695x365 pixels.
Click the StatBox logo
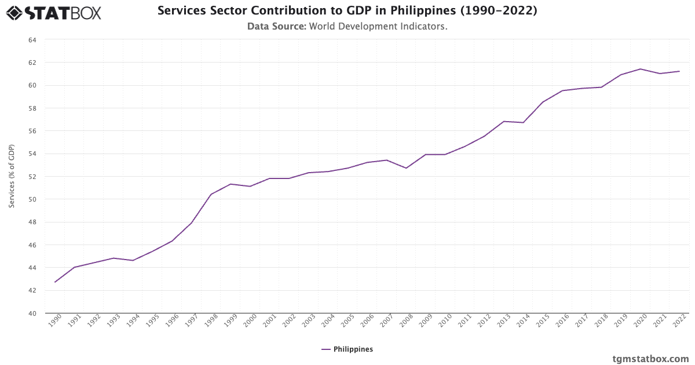click(x=54, y=12)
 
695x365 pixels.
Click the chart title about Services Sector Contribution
click(x=347, y=10)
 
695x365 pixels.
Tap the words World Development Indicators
click(x=378, y=26)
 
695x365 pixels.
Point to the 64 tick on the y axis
click(x=32, y=40)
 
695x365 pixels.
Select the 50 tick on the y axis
click(x=32, y=199)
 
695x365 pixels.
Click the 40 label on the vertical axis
click(x=32, y=313)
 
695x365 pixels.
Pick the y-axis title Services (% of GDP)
click(x=12, y=177)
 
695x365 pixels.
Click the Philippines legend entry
click(x=348, y=349)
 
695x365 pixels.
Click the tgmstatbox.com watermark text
click(x=650, y=359)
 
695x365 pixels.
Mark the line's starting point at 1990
click(x=55, y=282)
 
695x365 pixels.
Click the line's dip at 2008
click(x=407, y=168)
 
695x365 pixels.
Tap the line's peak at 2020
click(x=641, y=69)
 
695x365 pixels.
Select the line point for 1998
click(x=211, y=194)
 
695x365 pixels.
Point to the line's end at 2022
click(x=679, y=71)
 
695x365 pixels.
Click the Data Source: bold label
click(x=276, y=26)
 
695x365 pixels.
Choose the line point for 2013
click(x=504, y=121)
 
